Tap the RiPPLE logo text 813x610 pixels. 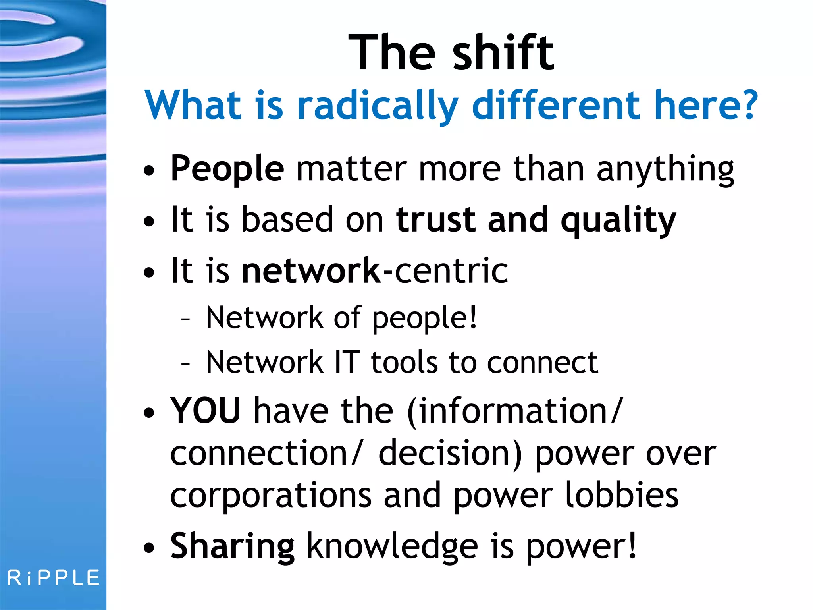pyautogui.click(x=54, y=578)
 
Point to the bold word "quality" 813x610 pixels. pyautogui.click(x=618, y=221)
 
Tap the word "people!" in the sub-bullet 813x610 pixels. pyautogui.click(x=424, y=319)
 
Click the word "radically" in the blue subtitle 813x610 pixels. pyautogui.click(x=378, y=105)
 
